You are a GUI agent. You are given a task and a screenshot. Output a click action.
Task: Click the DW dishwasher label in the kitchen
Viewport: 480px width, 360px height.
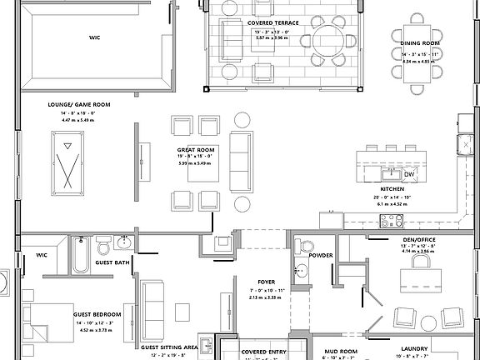(408, 174)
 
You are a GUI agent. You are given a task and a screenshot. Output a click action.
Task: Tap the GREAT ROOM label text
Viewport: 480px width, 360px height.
(196, 150)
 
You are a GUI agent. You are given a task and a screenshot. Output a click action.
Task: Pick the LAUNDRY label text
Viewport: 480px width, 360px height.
(414, 349)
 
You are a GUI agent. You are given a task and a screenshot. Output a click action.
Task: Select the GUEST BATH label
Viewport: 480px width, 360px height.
(112, 262)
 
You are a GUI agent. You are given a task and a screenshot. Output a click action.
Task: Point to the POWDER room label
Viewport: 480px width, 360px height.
(321, 256)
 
